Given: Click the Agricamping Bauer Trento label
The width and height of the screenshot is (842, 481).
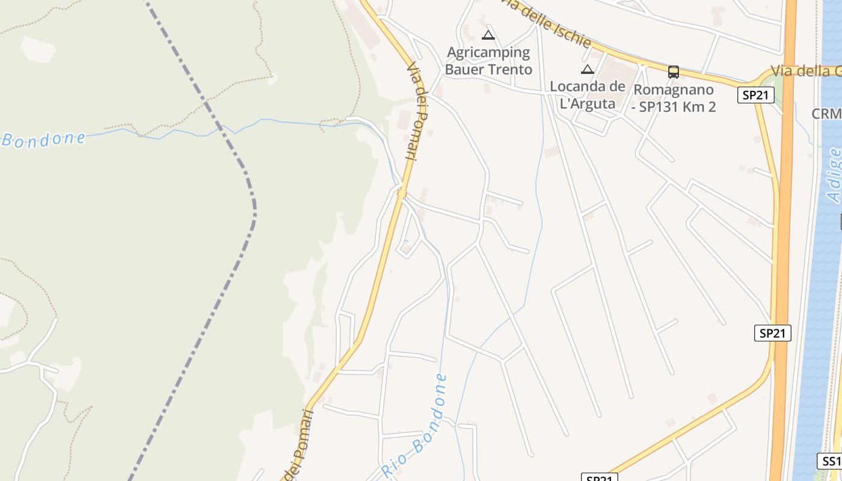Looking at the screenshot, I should pos(488,61).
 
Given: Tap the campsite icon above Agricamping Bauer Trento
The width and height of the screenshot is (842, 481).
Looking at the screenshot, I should pos(488,35).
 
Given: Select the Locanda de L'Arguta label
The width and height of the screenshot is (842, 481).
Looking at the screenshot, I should pos(588,95).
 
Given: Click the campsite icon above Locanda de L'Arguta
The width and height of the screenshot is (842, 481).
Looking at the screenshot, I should pos(588,69).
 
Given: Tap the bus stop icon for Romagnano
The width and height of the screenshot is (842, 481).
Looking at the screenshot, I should pos(674,72).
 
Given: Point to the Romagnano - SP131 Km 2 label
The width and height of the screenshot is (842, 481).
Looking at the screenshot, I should pos(674,99).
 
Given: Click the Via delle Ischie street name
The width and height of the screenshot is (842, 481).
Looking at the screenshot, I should pos(545,22).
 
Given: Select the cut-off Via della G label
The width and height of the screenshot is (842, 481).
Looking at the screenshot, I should pos(806,71).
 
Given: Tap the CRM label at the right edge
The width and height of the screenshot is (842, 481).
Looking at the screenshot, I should pos(826,114).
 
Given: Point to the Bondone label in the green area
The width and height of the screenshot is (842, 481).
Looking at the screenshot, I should pos(43,139).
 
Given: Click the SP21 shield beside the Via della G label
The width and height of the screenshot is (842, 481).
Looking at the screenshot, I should pos(756,95).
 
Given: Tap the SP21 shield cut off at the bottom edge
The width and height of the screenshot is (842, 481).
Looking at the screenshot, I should pos(600,478).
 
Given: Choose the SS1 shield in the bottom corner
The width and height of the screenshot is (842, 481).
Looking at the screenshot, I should pos(829,461).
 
